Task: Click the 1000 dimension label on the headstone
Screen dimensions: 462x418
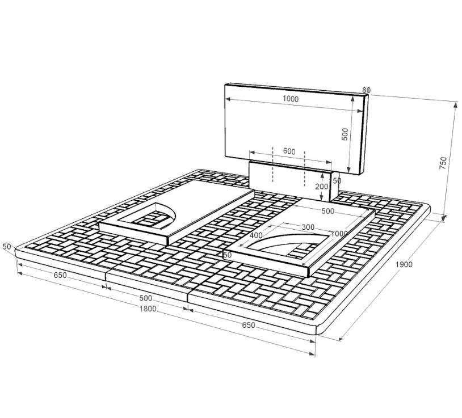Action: tap(291, 99)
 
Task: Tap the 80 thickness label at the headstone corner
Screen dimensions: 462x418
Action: tap(366, 90)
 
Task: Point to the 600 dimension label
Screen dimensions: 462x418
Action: tap(289, 151)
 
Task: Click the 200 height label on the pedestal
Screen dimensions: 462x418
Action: tap(321, 187)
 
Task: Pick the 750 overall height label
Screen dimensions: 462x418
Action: tap(443, 163)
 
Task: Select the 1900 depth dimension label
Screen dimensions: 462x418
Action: tap(404, 264)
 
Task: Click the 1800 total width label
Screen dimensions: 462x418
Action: tap(148, 309)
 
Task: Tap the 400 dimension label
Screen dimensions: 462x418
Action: tap(256, 235)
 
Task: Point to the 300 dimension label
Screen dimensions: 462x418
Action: tap(308, 227)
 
